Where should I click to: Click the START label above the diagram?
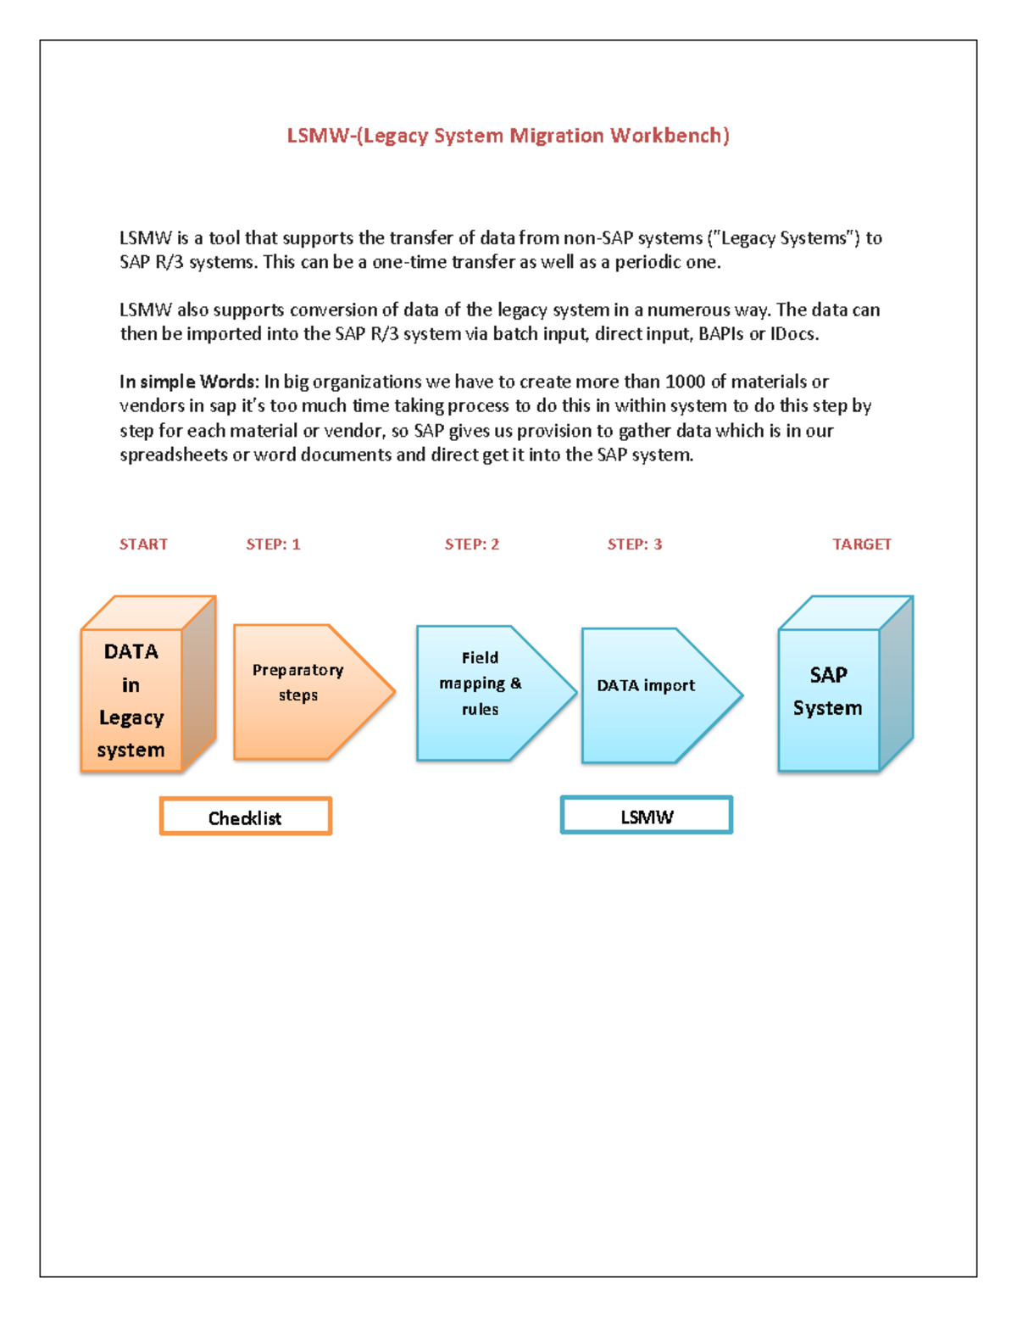(x=143, y=544)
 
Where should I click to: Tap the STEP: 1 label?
(x=273, y=544)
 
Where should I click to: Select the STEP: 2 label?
(x=472, y=544)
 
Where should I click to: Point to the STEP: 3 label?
(x=635, y=544)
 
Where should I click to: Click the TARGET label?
(x=862, y=544)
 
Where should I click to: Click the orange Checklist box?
(x=246, y=817)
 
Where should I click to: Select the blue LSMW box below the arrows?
(x=647, y=816)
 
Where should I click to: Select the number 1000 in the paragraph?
(x=685, y=382)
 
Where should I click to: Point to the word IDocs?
(x=794, y=334)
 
